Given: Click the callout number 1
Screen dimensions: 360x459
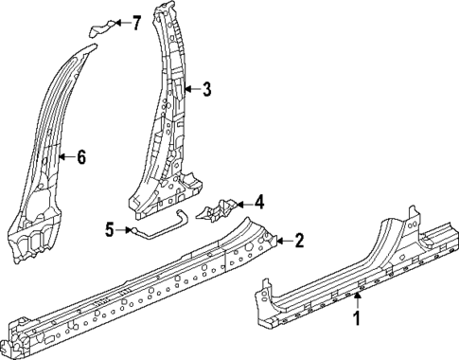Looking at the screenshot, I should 358,319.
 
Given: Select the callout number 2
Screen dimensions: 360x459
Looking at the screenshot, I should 299,242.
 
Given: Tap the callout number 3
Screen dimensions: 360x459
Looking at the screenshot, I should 206,91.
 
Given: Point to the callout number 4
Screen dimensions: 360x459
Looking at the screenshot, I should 259,202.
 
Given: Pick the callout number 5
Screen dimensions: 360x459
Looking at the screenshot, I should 110,228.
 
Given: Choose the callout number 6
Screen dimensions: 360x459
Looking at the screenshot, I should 80,157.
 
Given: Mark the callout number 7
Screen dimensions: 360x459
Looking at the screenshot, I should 136,21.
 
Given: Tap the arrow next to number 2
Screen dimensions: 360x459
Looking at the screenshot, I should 281,242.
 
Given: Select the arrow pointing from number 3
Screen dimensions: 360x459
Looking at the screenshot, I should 190,91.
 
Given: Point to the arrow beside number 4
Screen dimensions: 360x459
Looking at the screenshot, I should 242,202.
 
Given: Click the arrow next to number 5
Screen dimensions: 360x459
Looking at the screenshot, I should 126,228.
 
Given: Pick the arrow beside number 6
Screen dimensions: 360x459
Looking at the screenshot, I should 63,157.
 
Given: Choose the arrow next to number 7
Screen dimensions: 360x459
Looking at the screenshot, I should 120,21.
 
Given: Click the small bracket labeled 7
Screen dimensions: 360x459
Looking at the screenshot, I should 102,26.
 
